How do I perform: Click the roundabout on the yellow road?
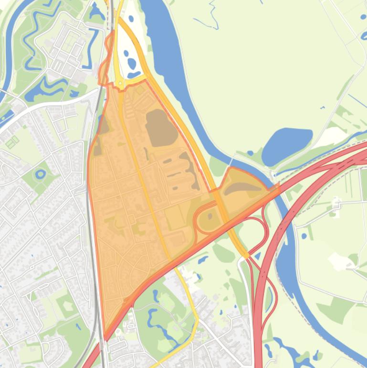tap(120, 84)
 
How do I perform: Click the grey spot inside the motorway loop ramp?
tap(210, 216)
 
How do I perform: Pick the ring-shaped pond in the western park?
tap(41, 174)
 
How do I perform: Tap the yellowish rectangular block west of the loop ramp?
tap(176, 217)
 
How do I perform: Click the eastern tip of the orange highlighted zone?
tap(278, 186)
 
